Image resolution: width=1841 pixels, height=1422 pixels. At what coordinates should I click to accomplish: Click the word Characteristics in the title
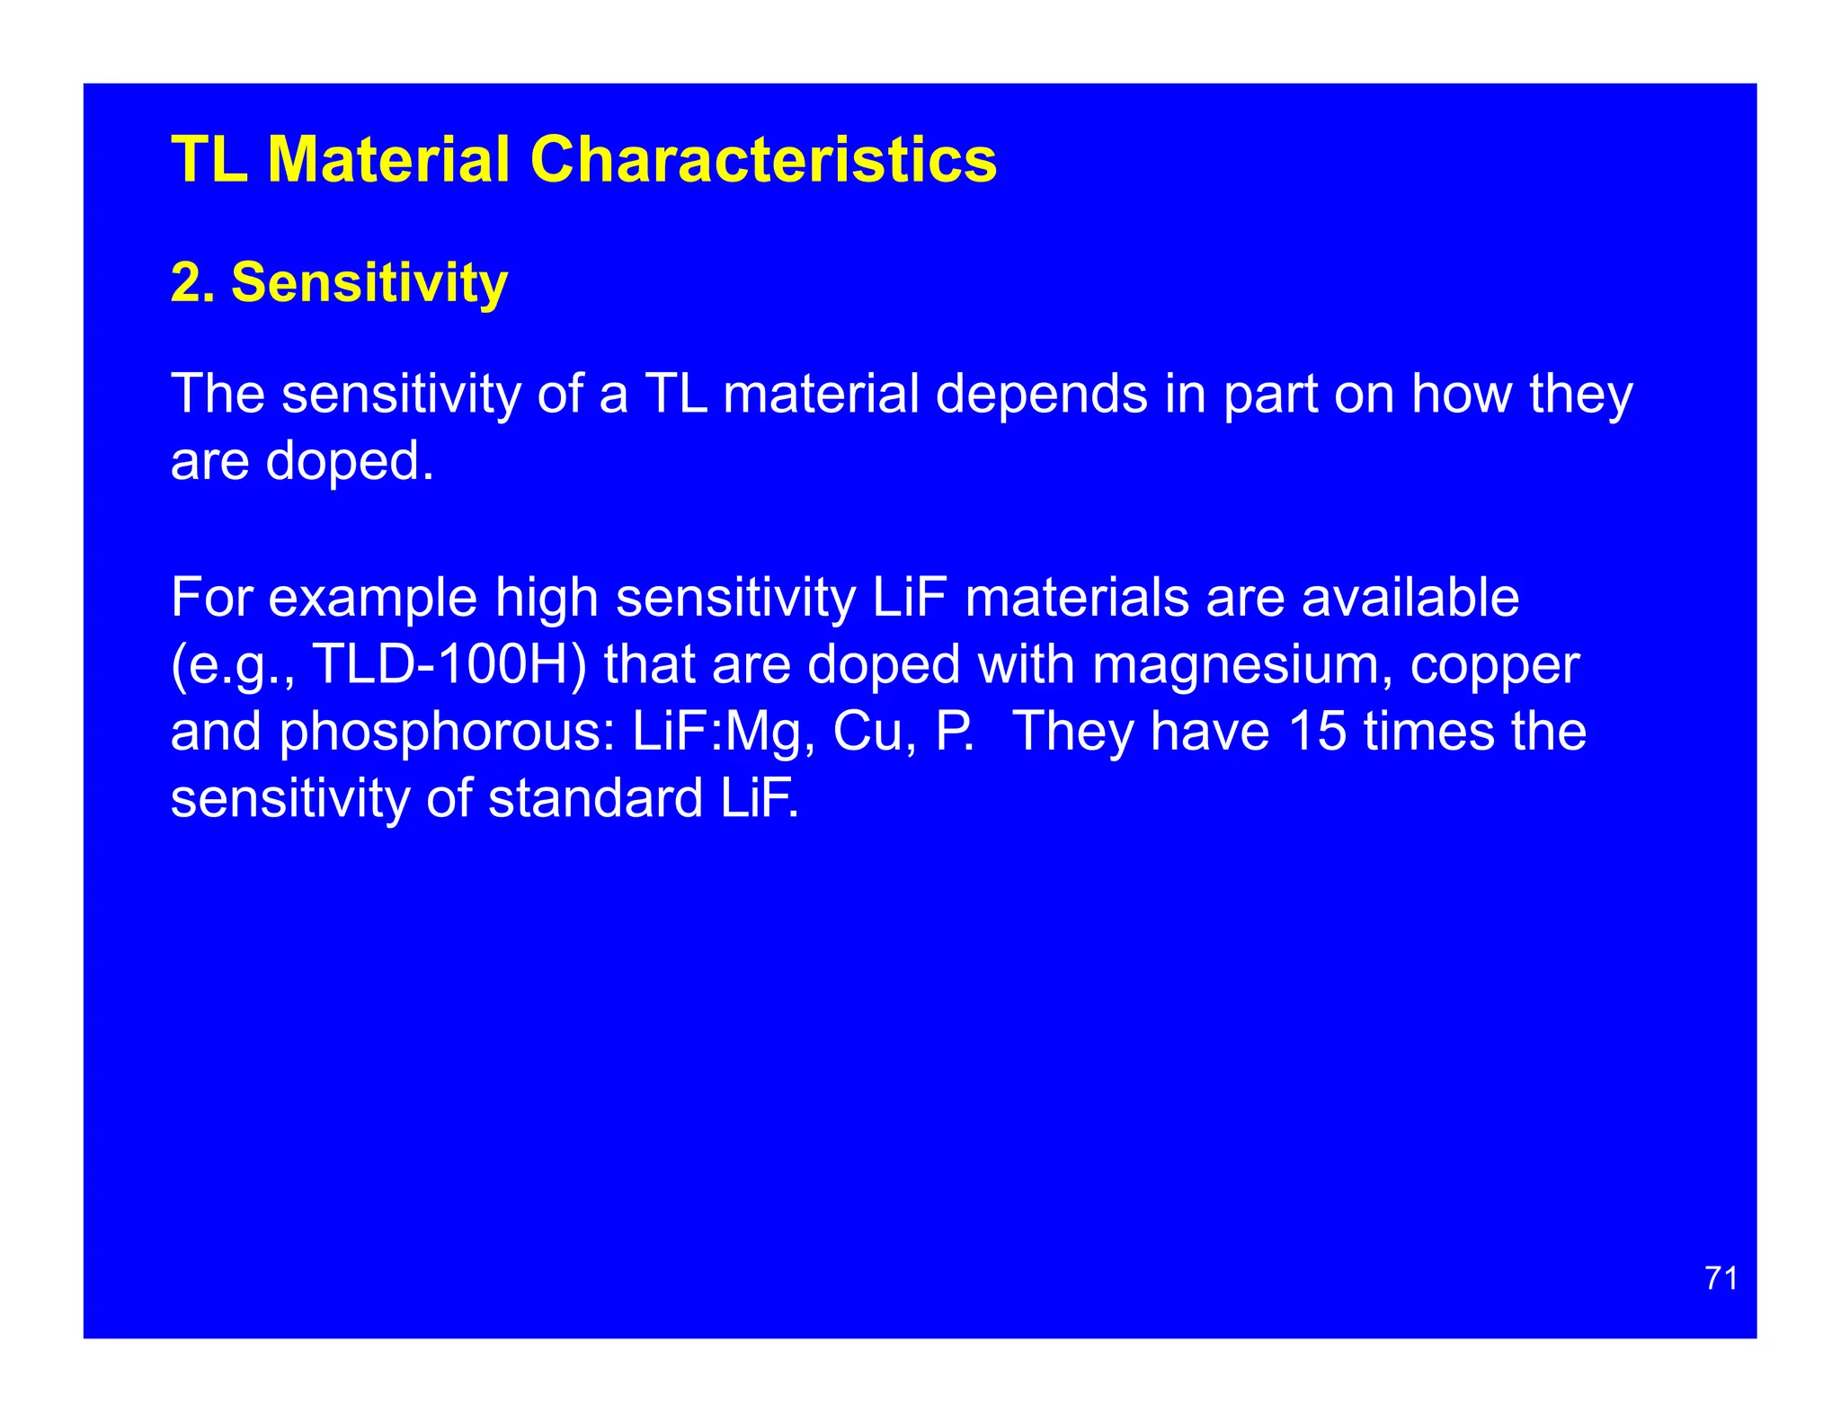(763, 160)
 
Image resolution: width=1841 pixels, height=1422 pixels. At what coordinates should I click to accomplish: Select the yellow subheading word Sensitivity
(369, 282)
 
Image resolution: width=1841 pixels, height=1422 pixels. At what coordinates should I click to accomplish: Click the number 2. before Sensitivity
(192, 282)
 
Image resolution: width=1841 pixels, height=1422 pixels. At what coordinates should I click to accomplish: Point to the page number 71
(1721, 1277)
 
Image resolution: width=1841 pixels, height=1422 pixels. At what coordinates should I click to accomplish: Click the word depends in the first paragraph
(1042, 395)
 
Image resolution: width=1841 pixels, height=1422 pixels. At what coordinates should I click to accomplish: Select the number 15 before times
(1317, 731)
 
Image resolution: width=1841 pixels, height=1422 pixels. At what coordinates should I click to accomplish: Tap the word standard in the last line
(595, 798)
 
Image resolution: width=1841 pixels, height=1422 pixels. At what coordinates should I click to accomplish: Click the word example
(373, 598)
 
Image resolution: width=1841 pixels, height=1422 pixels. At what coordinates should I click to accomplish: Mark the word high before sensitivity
(547, 598)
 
